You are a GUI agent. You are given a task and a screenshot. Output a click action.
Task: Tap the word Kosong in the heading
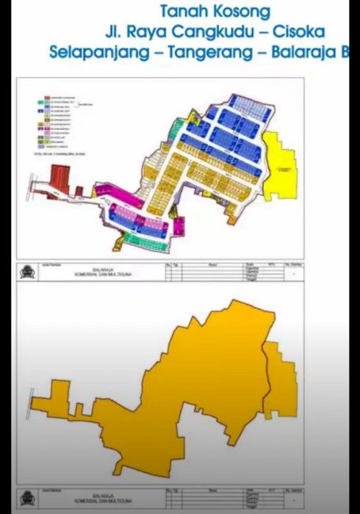coord(243,12)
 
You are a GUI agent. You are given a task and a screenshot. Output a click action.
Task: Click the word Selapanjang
coord(95,53)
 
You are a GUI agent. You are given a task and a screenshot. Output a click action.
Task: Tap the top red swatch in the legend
coord(46,98)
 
